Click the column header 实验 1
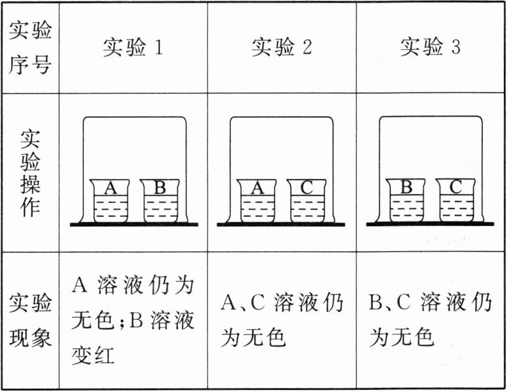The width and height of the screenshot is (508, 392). pos(133,47)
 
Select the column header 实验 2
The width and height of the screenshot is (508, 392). pos(282,47)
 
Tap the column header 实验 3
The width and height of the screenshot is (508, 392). pos(431,47)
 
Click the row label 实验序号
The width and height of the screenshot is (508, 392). pos(30,47)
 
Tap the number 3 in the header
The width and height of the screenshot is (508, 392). pos(455,48)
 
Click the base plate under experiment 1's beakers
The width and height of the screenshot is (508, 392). pos(135,225)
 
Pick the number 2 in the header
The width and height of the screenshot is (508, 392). pos(306,48)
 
